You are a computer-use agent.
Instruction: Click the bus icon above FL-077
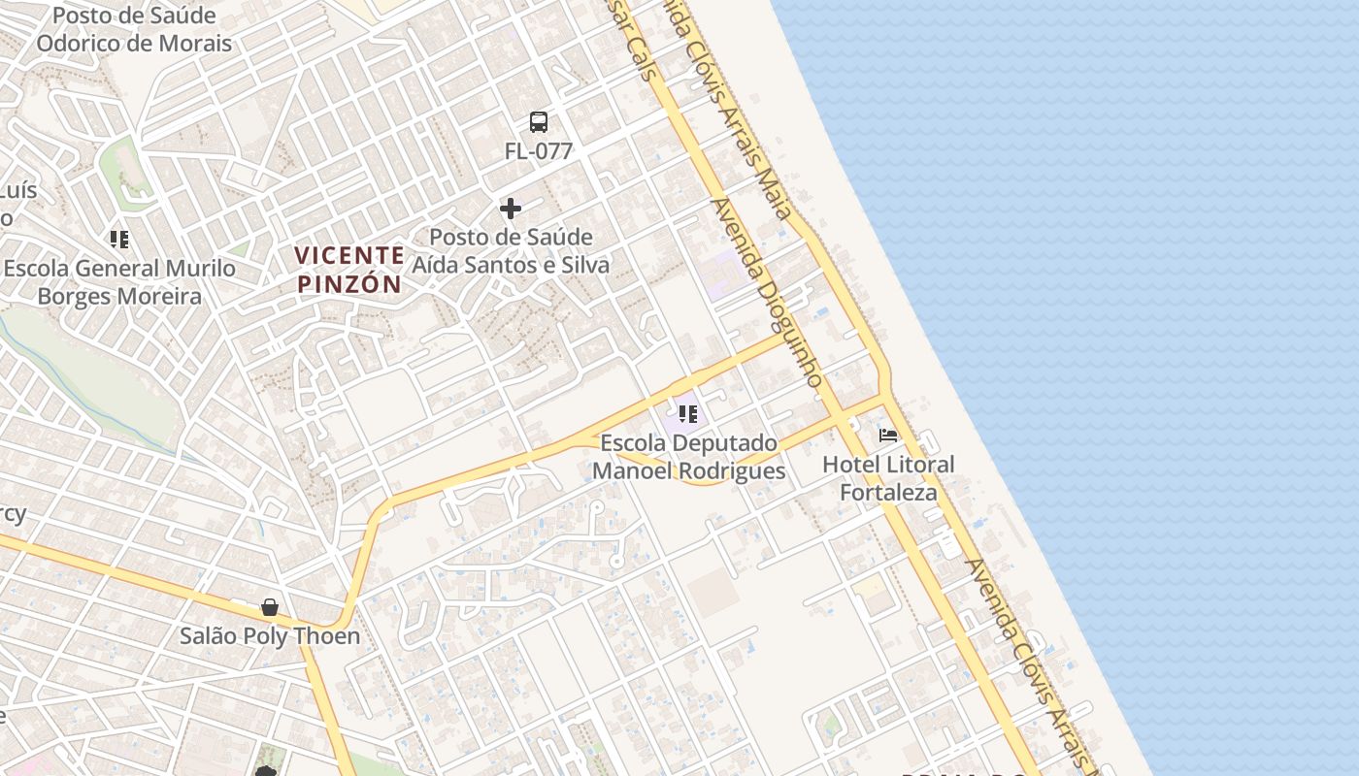[x=539, y=122]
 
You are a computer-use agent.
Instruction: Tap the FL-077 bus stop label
[x=539, y=151]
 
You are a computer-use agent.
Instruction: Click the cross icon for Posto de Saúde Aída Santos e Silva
[x=511, y=209]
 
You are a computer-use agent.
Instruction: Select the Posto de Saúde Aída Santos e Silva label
[x=512, y=251]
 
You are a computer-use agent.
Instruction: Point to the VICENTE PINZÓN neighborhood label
[x=349, y=270]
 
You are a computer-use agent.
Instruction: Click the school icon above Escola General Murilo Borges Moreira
[x=119, y=239]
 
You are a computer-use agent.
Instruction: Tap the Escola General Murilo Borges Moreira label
[x=119, y=282]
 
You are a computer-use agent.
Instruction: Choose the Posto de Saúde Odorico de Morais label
[x=134, y=30]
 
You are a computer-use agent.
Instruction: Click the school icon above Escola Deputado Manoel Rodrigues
[x=688, y=415]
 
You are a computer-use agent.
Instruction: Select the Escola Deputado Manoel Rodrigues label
[x=689, y=457]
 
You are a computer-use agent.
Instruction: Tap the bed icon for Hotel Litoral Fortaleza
[x=888, y=435]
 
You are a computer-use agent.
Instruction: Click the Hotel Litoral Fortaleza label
[x=888, y=478]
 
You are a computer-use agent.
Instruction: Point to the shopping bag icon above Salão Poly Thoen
[x=270, y=608]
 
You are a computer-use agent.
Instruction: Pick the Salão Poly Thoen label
[x=270, y=636]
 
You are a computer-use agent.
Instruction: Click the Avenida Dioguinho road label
[x=767, y=291]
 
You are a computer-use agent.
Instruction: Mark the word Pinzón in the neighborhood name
[x=349, y=284]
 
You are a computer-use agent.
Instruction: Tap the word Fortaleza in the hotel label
[x=888, y=492]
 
